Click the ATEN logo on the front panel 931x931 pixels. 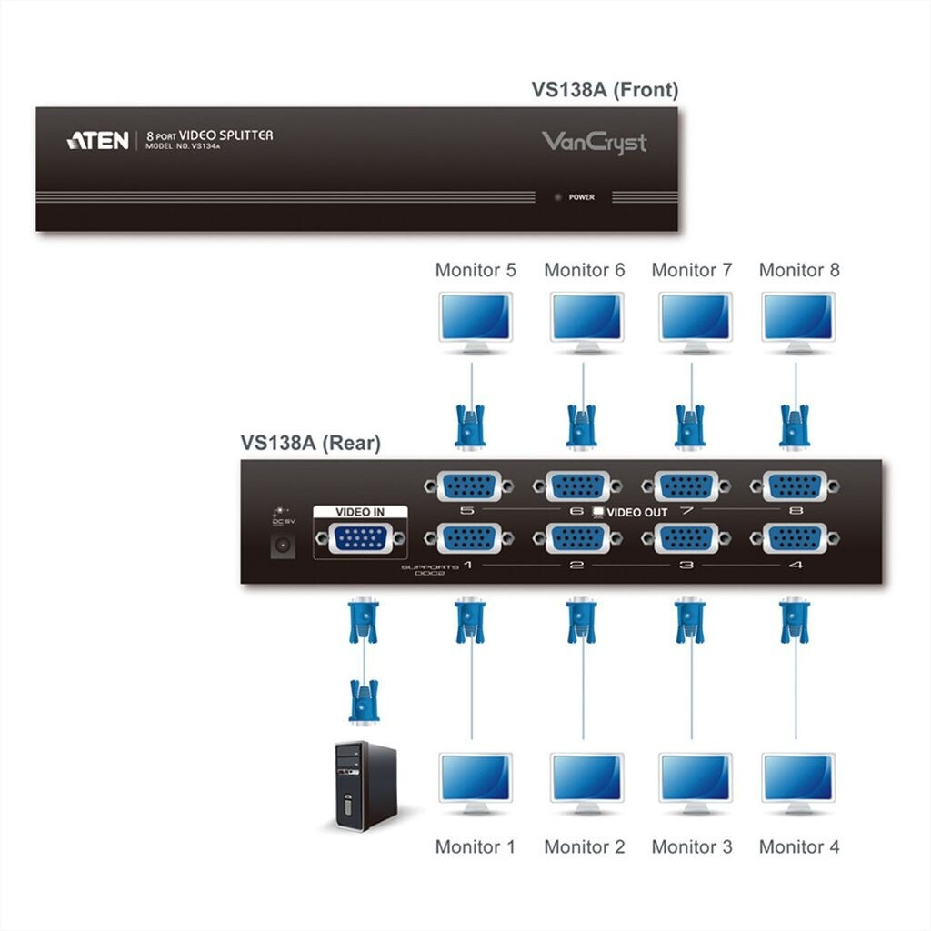[x=97, y=140]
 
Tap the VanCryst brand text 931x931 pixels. [x=594, y=142]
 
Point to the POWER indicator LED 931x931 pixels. [x=558, y=196]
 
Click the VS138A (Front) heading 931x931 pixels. [x=605, y=90]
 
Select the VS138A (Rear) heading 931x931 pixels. [x=311, y=443]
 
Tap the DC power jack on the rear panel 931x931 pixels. [x=282, y=546]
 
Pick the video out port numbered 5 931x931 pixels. [x=467, y=486]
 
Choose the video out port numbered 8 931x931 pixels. [x=795, y=486]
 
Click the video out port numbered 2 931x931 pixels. [x=576, y=539]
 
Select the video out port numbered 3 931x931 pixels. [x=686, y=539]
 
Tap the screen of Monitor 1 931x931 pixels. [x=475, y=777]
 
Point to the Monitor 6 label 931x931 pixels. [x=585, y=270]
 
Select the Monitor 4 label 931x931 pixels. [x=799, y=847]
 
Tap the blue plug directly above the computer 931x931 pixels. [x=364, y=703]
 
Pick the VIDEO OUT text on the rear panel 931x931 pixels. [x=636, y=512]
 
